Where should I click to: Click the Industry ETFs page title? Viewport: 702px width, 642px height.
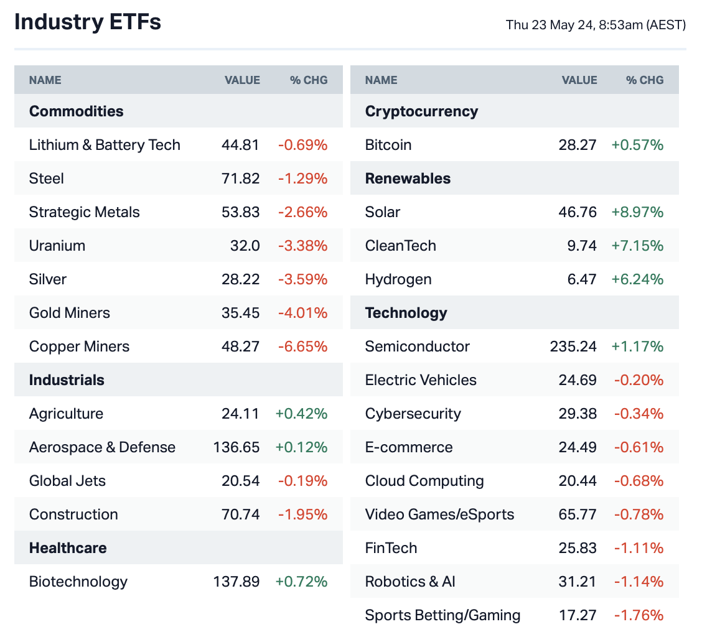[87, 22]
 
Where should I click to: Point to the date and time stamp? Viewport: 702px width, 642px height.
[596, 25]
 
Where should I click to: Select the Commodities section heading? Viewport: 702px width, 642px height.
[76, 111]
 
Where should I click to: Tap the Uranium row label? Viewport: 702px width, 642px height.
[57, 246]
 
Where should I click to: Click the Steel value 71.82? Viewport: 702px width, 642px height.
[240, 179]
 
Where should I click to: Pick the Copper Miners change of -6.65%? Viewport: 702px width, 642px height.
[302, 347]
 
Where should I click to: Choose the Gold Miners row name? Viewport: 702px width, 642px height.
[69, 313]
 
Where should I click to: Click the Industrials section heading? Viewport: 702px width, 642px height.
[67, 380]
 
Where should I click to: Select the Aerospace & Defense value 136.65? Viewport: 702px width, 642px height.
[236, 447]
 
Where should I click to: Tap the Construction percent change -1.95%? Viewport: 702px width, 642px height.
[302, 514]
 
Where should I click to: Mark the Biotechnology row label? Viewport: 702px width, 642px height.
[78, 582]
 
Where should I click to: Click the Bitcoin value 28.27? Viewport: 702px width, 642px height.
[578, 145]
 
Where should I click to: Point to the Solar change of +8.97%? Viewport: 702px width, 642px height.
[637, 212]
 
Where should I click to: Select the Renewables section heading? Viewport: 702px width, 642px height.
[408, 179]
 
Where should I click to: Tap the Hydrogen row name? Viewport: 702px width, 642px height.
[398, 279]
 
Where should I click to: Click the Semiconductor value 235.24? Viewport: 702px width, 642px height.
[573, 347]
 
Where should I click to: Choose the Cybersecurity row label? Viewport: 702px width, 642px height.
[413, 414]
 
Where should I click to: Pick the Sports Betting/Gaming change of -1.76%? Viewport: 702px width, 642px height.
[639, 615]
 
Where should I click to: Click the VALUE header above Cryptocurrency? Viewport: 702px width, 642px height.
[579, 80]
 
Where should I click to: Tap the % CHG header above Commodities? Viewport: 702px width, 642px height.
[308, 80]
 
